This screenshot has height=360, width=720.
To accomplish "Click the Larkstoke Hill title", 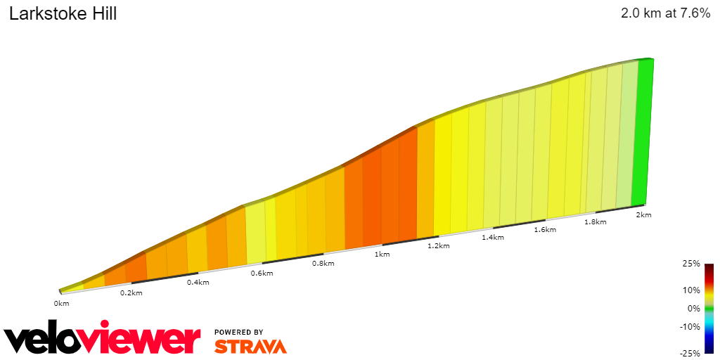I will [x=63, y=13].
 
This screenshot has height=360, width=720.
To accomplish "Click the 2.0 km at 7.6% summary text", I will [x=665, y=13].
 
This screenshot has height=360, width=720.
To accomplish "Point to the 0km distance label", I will [x=62, y=303].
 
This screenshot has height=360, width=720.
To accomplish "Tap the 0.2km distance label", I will [x=131, y=292].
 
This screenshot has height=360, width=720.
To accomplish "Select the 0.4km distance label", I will [x=198, y=283].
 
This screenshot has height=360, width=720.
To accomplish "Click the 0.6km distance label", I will [x=262, y=273].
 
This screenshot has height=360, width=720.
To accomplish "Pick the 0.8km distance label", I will [x=323, y=263].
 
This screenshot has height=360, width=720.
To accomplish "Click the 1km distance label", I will [x=382, y=254].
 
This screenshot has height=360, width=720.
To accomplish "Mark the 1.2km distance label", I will [x=438, y=245].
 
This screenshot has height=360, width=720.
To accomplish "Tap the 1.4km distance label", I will [x=493, y=237].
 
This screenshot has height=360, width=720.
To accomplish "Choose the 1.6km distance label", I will [x=545, y=229].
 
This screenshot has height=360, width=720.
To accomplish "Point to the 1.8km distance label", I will [x=596, y=221].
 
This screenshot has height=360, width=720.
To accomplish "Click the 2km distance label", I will [x=643, y=214].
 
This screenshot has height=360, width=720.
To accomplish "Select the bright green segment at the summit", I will [x=643, y=134].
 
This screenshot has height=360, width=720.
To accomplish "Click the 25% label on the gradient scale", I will [x=691, y=264].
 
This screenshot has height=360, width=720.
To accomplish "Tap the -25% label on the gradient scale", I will [x=690, y=353].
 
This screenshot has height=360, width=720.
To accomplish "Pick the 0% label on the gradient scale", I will [x=693, y=308].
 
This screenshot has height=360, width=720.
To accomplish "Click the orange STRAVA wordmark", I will [x=250, y=346].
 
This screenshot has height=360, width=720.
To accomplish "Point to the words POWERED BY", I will [x=239, y=332].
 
